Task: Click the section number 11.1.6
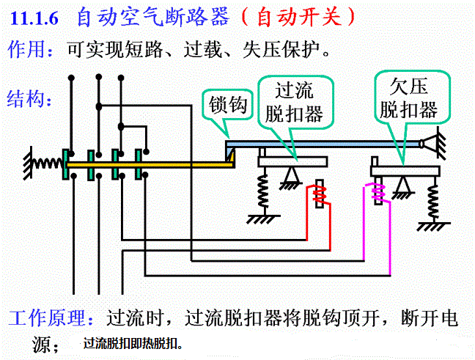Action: [x=34, y=15]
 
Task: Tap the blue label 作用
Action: [x=29, y=50]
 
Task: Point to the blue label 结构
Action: [x=29, y=98]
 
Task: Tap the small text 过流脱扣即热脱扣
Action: [x=132, y=343]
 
